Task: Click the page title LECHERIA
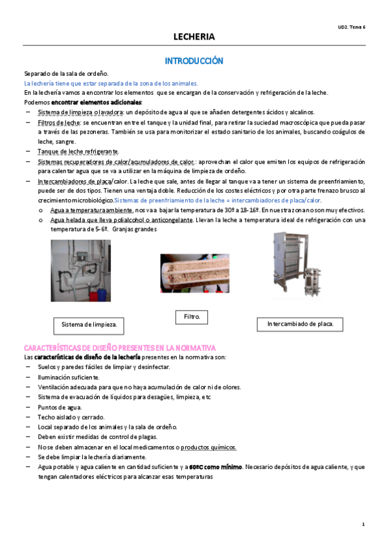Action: tap(194, 37)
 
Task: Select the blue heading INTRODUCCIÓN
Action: tap(194, 61)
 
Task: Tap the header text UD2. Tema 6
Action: tap(352, 27)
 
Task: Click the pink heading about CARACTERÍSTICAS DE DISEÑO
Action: tap(119, 348)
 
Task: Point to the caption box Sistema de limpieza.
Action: tap(88, 324)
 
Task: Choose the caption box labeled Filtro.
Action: tap(192, 317)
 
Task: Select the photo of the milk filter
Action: tap(194, 272)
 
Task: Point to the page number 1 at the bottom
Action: tap(363, 523)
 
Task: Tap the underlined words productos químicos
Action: tap(208, 447)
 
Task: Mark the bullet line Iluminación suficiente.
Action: tap(69, 377)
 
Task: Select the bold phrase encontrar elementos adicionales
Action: tap(97, 102)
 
